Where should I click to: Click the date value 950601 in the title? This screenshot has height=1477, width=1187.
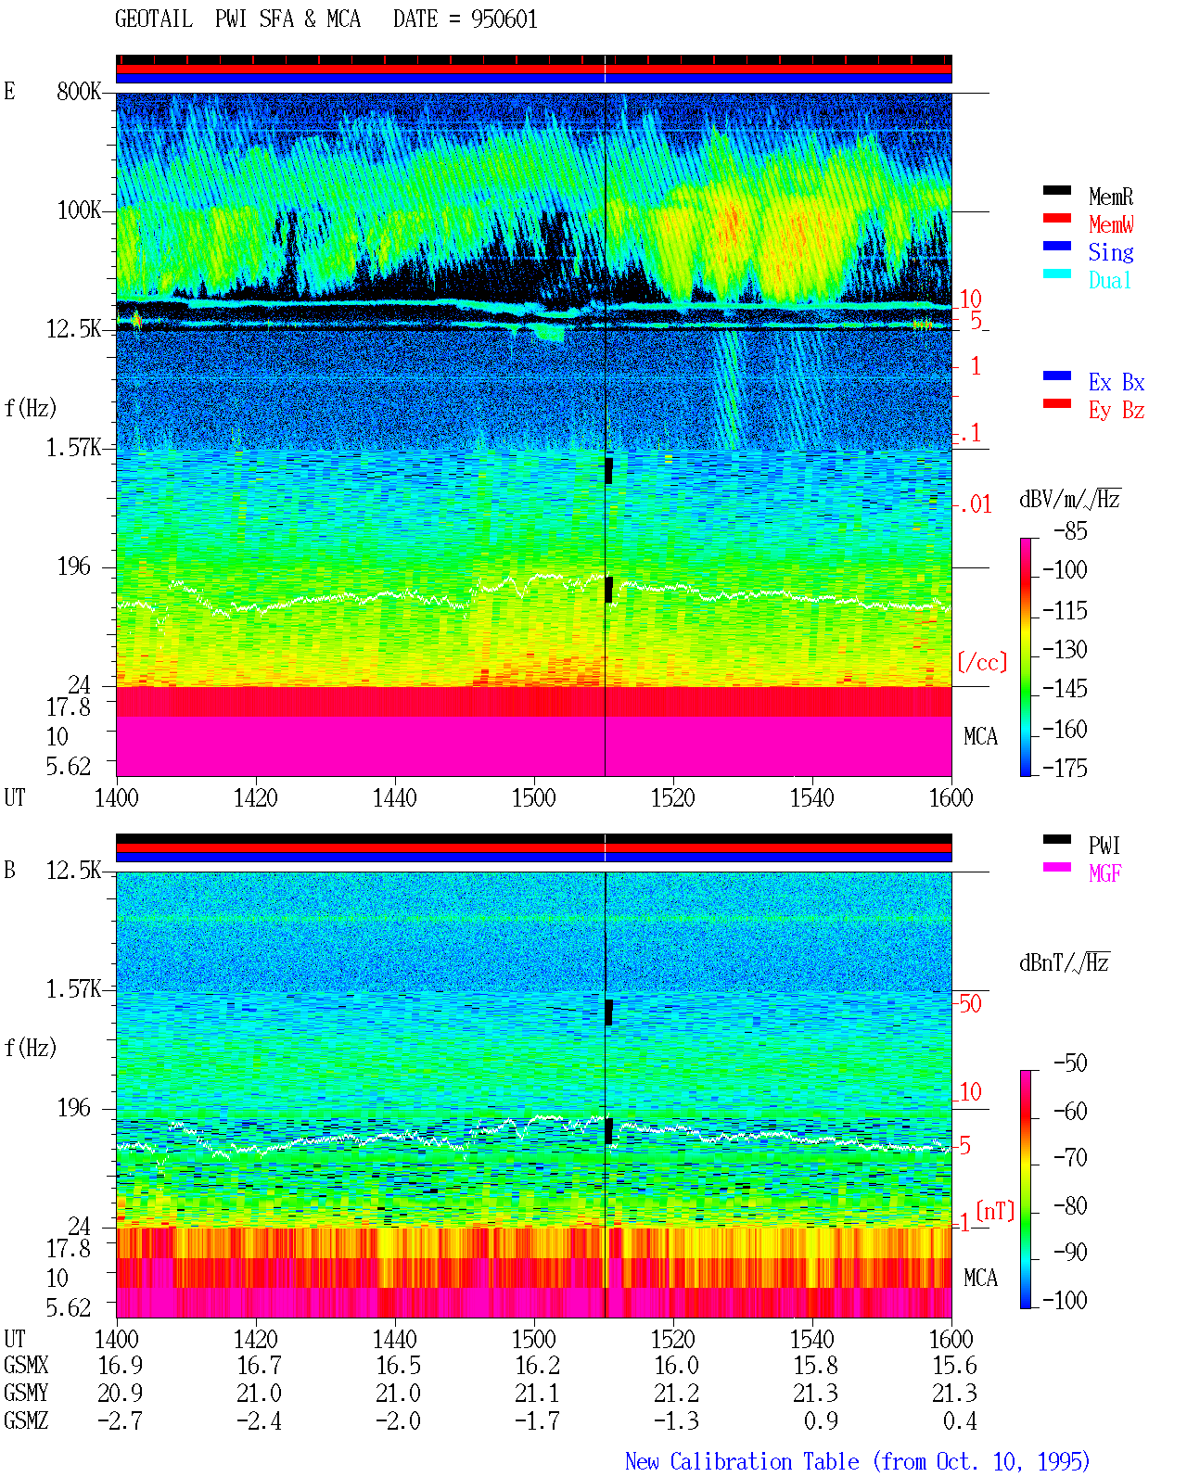(x=504, y=19)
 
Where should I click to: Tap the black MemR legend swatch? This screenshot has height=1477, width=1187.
(x=1056, y=190)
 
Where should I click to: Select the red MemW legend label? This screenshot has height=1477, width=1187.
(x=1111, y=224)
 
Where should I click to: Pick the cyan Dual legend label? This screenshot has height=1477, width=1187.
(x=1109, y=280)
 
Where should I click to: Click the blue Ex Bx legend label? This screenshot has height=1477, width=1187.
(x=1117, y=382)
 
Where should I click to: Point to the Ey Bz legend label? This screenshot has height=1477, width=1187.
(x=1117, y=411)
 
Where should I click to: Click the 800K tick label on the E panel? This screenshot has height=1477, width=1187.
(x=79, y=91)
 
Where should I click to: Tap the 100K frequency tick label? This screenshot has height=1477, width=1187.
(x=79, y=210)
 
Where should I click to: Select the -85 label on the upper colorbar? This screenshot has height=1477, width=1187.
(x=1070, y=531)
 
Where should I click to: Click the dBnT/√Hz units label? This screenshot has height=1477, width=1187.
(x=1064, y=963)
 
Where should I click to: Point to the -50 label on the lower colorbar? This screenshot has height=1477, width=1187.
(x=1070, y=1063)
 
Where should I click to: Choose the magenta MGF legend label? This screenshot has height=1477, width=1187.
(x=1104, y=873)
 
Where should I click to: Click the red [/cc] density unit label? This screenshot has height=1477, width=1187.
(x=982, y=662)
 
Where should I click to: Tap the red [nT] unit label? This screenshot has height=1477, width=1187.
(x=995, y=1211)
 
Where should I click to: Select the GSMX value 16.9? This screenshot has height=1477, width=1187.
(x=121, y=1366)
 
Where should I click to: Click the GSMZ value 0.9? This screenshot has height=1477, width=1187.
(x=821, y=1421)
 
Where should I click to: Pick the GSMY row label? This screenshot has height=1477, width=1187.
(x=26, y=1394)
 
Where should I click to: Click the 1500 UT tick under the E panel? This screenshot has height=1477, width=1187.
(x=533, y=798)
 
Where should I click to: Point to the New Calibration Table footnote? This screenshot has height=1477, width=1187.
(x=857, y=1462)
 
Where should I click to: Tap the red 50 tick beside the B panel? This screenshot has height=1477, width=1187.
(x=970, y=1004)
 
